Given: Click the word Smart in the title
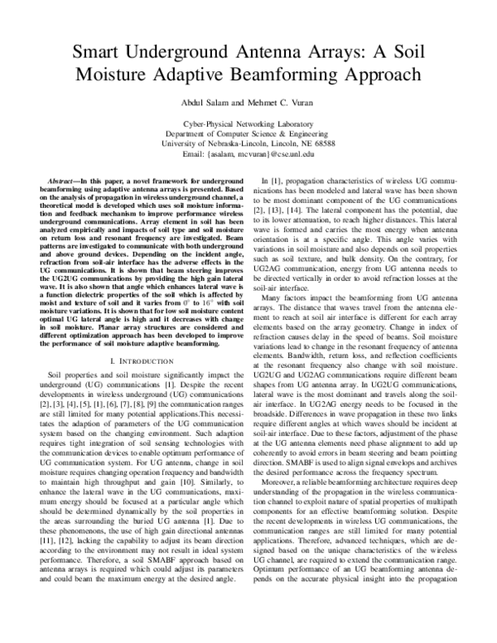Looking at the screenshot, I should tap(98, 52).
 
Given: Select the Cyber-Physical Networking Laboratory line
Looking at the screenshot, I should tap(248, 123).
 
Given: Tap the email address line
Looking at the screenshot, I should tap(248, 153).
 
